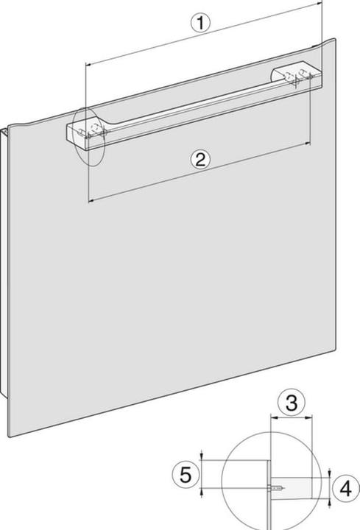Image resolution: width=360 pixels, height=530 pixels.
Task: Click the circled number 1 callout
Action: coord(200,23)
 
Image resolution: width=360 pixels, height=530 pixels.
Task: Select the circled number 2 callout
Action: coord(201,159)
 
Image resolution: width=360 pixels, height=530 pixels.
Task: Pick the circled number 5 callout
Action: coord(187,475)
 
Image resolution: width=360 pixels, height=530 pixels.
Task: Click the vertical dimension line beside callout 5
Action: coord(203,475)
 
